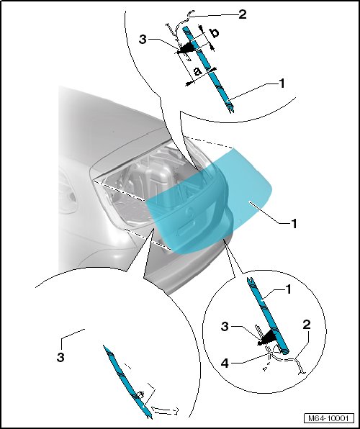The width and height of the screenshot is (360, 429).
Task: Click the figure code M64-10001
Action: pos(328,419)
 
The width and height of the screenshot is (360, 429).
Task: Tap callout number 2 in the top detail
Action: pos(243,14)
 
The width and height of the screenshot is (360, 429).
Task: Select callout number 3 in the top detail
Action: pos(143,40)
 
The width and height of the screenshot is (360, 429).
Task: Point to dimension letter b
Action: pos(215,33)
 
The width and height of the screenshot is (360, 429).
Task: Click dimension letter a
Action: pos(198,71)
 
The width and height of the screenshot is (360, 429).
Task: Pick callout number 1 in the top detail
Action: pos(282,83)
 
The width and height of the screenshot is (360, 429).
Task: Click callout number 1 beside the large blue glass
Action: pos(294,224)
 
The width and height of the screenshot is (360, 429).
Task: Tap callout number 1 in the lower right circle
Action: pos(288,290)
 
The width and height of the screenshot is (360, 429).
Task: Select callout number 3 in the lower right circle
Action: pos(225,326)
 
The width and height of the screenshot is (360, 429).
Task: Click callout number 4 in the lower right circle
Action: pos(225,363)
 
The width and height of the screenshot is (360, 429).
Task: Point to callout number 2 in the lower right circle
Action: pos(307,325)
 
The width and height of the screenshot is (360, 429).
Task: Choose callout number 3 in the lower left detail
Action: pos(60,357)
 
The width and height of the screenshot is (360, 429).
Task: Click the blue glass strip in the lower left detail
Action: pos(127,381)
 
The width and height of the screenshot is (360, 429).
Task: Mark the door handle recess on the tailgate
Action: pos(187,228)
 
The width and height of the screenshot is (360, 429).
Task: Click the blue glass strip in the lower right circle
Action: pos(267,315)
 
